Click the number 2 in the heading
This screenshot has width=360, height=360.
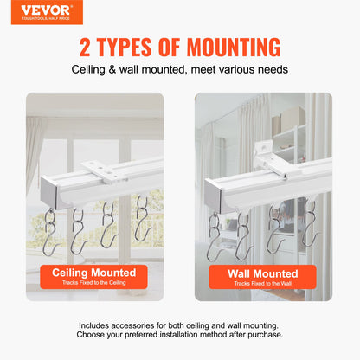pyautogui.click(x=87, y=47)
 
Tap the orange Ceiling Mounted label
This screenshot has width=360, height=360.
pyautogui.click(x=94, y=276)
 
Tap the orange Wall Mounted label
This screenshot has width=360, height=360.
pyautogui.click(x=262, y=276)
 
